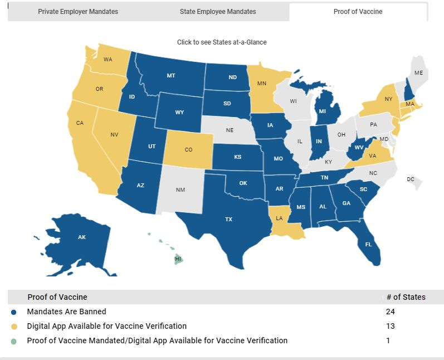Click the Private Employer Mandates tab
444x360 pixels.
(x=78, y=12)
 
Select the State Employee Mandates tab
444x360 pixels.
(x=218, y=12)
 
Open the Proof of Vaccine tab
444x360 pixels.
(x=358, y=12)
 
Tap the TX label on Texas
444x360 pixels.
(x=228, y=220)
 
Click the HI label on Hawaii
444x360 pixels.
(x=178, y=259)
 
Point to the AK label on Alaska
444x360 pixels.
(x=82, y=237)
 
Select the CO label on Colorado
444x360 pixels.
(x=188, y=150)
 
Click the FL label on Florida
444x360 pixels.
(x=369, y=245)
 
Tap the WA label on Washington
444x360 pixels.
(x=108, y=59)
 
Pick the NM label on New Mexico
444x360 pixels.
(x=180, y=190)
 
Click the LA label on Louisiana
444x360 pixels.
(x=280, y=219)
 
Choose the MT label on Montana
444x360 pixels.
(x=171, y=75)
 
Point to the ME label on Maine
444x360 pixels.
(x=418, y=73)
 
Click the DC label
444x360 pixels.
(x=411, y=179)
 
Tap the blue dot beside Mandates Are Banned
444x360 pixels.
(x=13, y=312)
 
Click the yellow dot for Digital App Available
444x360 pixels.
(x=13, y=326)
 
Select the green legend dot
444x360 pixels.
(x=13, y=340)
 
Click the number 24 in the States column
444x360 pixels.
(x=391, y=312)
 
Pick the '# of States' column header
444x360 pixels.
(x=406, y=297)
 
